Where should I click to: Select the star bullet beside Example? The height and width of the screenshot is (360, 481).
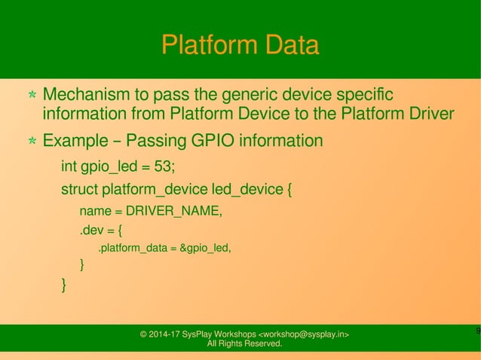tap(32, 142)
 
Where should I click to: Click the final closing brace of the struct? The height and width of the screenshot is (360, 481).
tap(64, 284)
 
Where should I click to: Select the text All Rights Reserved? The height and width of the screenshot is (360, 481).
tap(244, 344)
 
